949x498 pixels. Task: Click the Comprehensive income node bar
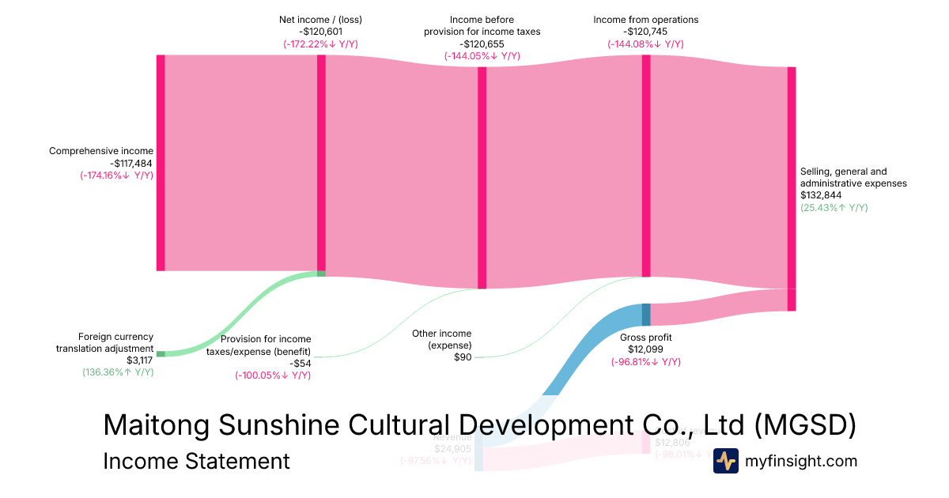(161, 163)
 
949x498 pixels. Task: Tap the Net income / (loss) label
(320, 19)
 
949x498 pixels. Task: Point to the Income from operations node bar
(646, 166)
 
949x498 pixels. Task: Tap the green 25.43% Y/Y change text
(834, 208)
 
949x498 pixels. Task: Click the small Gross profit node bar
(646, 315)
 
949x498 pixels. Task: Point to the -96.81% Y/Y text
(645, 362)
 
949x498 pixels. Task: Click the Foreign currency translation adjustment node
(161, 353)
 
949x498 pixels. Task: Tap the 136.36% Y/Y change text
(118, 372)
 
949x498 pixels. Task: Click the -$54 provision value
(300, 364)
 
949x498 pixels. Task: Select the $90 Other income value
(463, 357)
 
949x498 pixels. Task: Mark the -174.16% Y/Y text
(116, 175)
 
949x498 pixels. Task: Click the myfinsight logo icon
(725, 461)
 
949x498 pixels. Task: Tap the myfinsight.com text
(801, 461)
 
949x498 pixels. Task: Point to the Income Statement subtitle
(196, 461)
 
